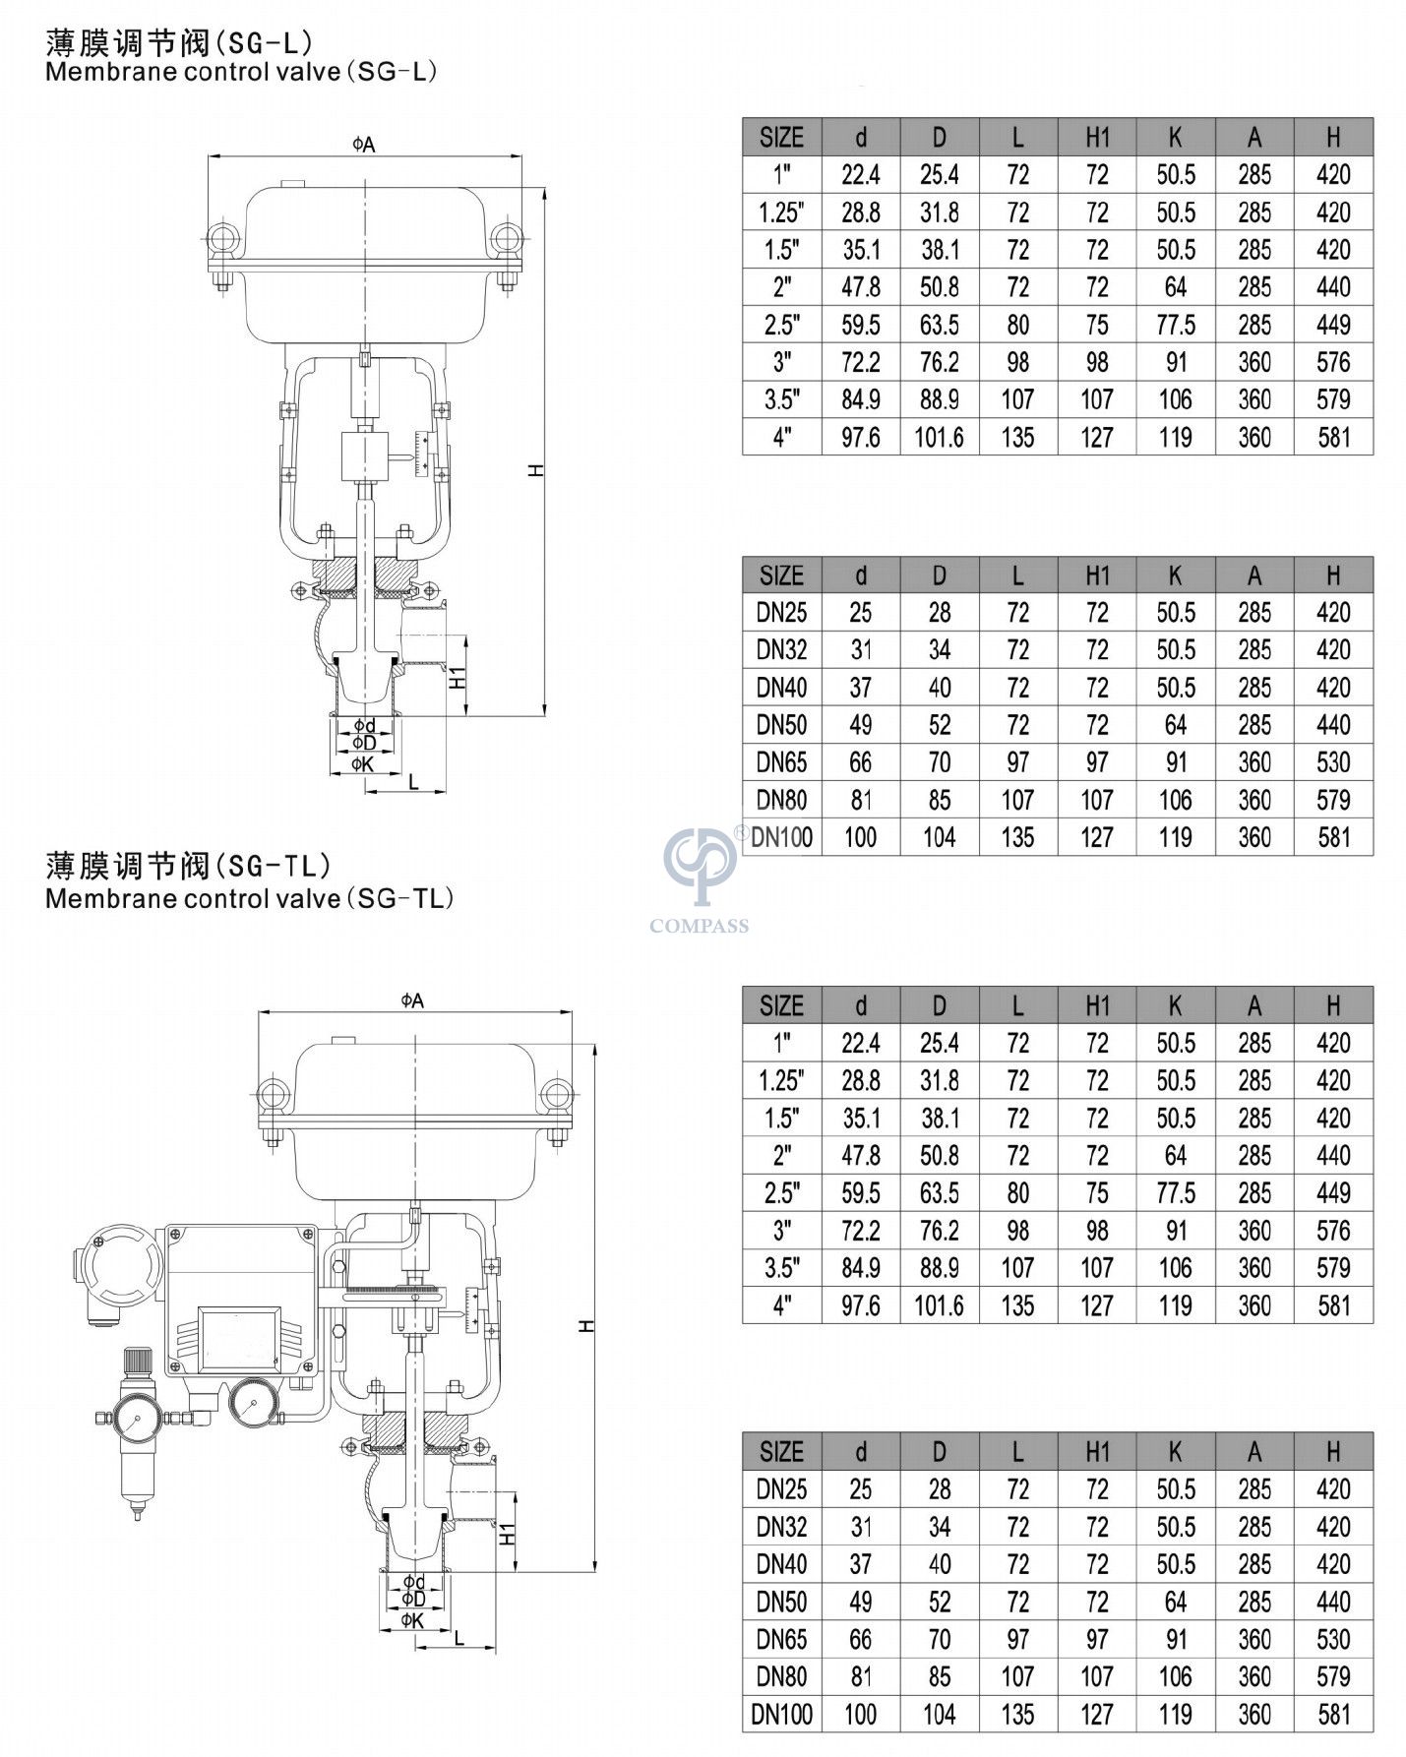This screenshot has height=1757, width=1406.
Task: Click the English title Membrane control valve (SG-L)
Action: click(241, 72)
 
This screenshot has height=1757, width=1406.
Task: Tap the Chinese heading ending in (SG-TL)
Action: click(188, 866)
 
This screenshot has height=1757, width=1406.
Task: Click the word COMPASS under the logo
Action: click(699, 926)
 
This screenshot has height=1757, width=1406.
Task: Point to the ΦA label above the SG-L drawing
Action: click(364, 145)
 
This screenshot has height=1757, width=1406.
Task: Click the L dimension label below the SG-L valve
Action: click(413, 783)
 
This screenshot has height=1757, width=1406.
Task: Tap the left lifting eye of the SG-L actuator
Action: click(220, 239)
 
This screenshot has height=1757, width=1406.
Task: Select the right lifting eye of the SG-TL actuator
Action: click(557, 1093)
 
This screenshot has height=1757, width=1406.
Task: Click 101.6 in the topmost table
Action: click(939, 437)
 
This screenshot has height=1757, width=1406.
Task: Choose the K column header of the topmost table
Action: click(1175, 137)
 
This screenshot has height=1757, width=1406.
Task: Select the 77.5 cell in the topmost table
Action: click(1175, 325)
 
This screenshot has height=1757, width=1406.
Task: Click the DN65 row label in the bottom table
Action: click(781, 1639)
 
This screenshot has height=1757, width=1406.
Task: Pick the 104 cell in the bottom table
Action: click(939, 1714)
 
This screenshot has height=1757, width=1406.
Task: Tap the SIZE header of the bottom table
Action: click(781, 1451)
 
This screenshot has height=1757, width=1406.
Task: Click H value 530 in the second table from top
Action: click(1333, 762)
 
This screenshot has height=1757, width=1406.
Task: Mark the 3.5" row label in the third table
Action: click(781, 1267)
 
